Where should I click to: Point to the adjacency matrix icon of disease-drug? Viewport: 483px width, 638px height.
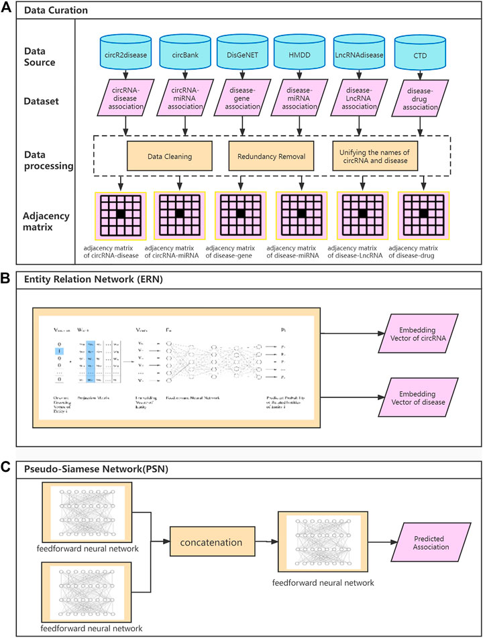pos(423,214)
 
